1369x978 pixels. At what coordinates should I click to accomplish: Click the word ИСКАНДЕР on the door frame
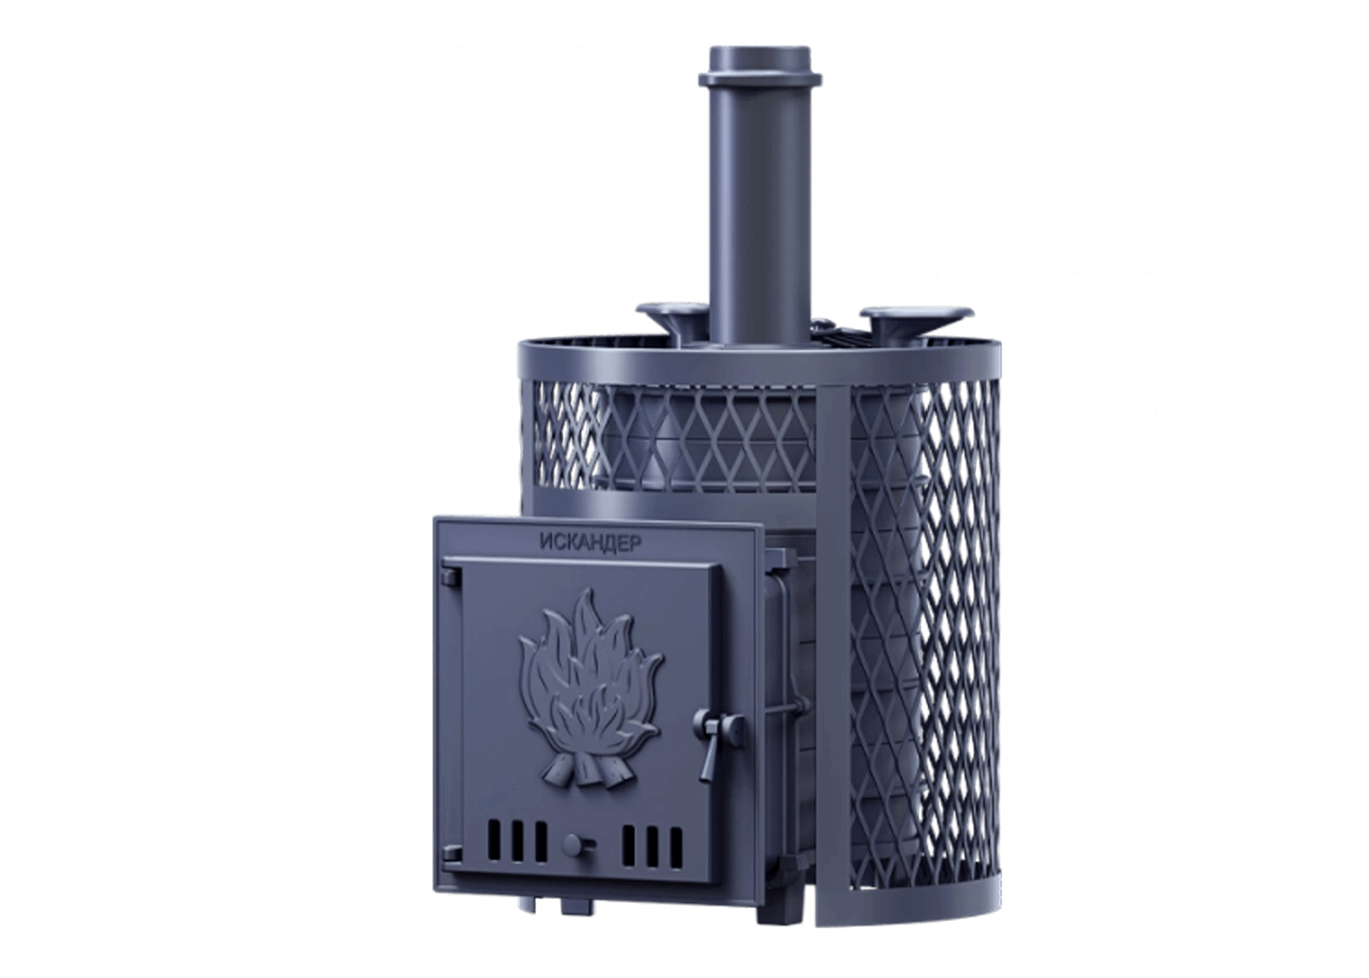[x=590, y=542]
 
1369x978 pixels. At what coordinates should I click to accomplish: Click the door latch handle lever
[x=711, y=749]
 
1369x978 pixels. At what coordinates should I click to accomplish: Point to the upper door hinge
[x=452, y=575]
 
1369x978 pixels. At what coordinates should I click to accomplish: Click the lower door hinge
[x=452, y=853]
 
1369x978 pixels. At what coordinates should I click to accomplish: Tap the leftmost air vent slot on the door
[x=493, y=843]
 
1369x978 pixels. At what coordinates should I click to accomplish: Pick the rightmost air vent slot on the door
[x=676, y=848]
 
